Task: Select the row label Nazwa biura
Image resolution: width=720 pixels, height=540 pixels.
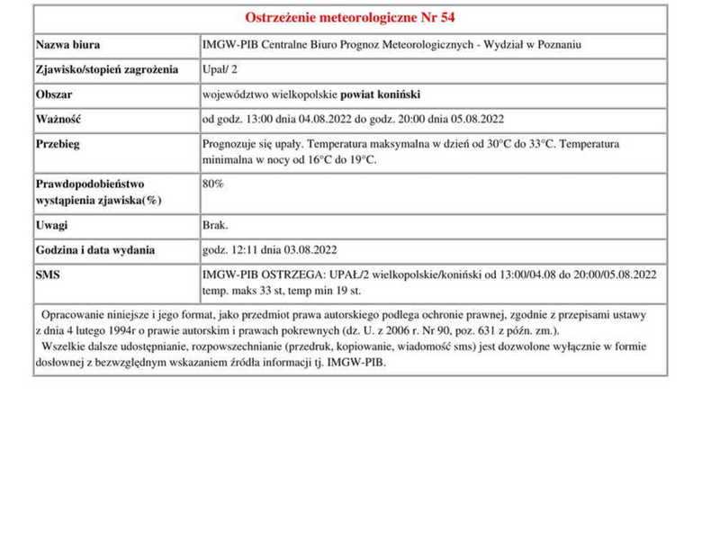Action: (68, 45)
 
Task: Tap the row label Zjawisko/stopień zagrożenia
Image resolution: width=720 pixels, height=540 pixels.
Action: (107, 69)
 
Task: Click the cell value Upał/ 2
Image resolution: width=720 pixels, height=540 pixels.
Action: (220, 69)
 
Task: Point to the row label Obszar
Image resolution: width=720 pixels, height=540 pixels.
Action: (53, 94)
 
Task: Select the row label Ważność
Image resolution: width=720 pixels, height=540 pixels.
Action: (58, 119)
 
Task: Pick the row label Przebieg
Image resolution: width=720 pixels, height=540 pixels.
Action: (58, 144)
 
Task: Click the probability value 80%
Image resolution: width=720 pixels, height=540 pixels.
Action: (213, 184)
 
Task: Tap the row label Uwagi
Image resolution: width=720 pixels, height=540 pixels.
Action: (52, 225)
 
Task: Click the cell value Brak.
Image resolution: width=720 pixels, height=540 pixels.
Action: (216, 225)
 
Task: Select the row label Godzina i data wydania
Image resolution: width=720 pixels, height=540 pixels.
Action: (95, 249)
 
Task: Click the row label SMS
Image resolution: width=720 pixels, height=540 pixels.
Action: (48, 274)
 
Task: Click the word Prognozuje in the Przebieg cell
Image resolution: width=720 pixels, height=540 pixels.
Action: (232, 144)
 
